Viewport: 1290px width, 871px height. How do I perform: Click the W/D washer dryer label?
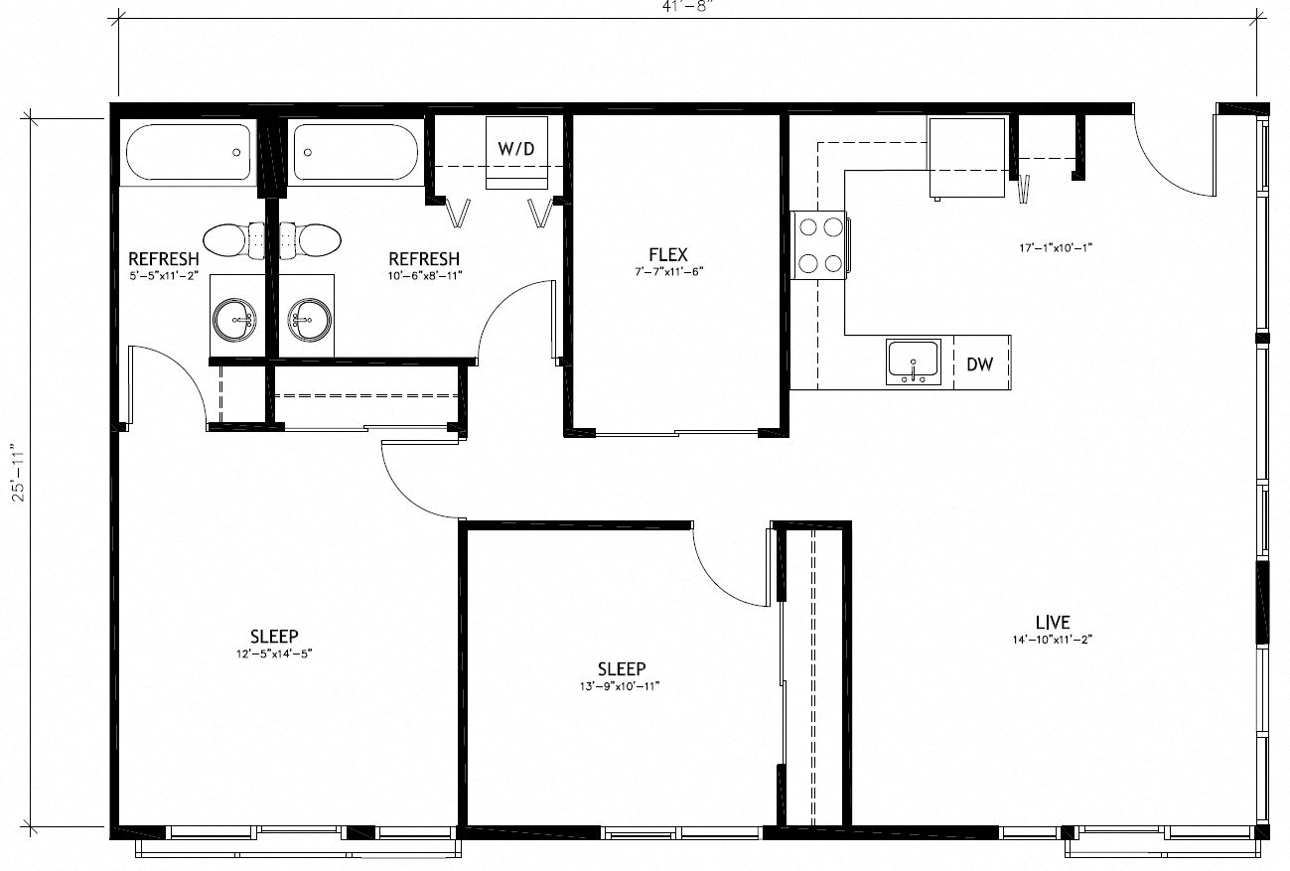pos(515,148)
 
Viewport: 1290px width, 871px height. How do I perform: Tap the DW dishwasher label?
pos(979,364)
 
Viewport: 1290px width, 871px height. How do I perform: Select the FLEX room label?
pos(667,255)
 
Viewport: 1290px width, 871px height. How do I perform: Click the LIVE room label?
pos(1052,623)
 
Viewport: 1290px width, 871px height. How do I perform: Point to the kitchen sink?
pos(913,361)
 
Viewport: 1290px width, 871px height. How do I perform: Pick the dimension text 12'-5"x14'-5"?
pos(274,653)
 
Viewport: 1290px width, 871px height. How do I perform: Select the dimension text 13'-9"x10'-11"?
pos(622,686)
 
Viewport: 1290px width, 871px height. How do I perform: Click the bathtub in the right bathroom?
pos(357,152)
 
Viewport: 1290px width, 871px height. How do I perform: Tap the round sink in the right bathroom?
pos(308,320)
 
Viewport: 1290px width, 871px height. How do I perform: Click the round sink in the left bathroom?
pos(236,320)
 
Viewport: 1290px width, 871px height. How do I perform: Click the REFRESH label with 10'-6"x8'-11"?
pos(424,259)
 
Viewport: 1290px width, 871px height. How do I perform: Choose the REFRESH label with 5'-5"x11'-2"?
pos(164,259)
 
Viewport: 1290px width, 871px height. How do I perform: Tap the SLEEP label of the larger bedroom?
pos(274,636)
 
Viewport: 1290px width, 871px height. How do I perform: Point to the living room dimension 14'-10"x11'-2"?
pos(1052,640)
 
